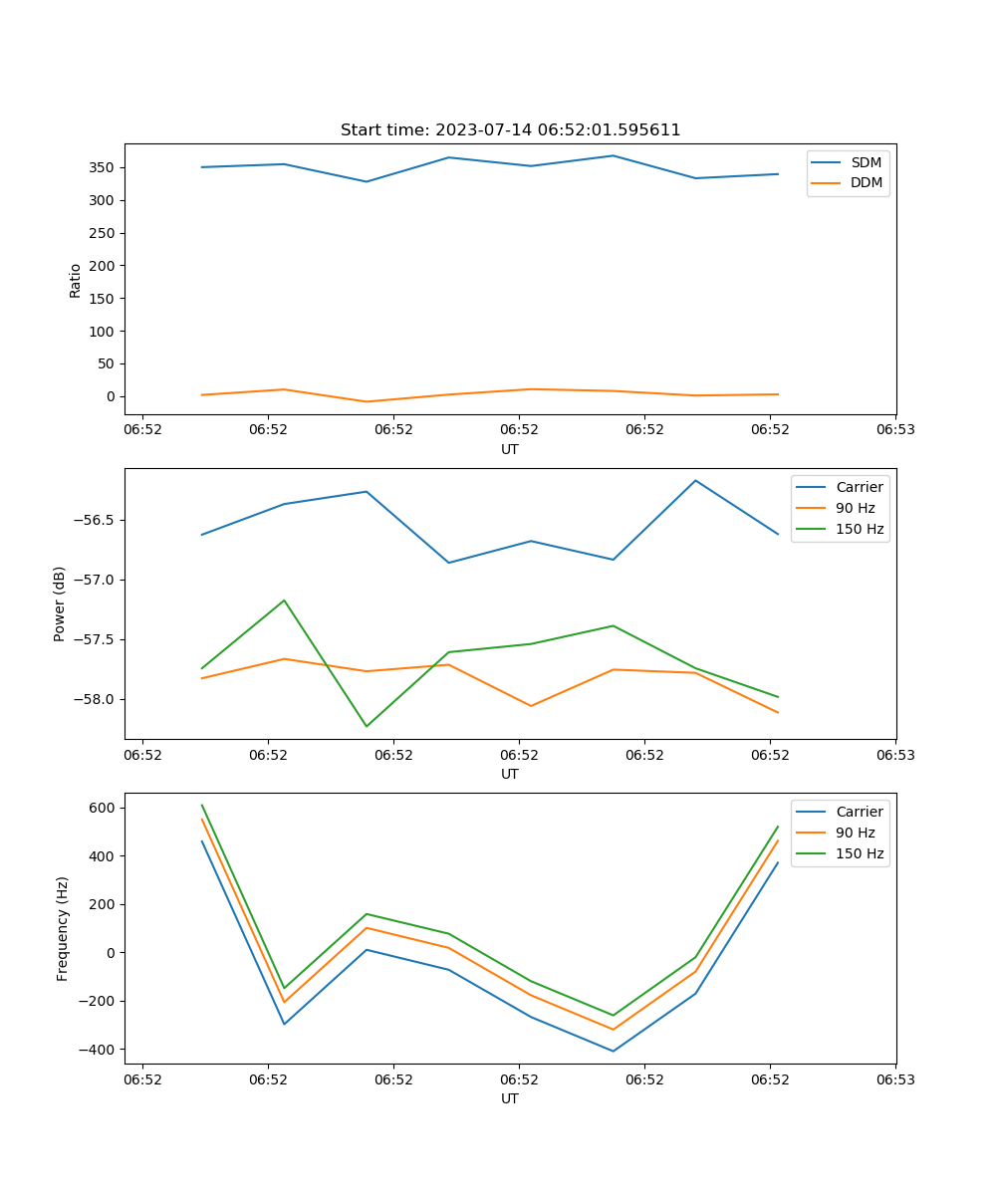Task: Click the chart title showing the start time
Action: [x=510, y=130]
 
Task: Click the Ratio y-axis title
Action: [x=76, y=280]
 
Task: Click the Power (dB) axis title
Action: [x=60, y=603]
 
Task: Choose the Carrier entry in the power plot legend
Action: [x=859, y=487]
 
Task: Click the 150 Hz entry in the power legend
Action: [x=860, y=529]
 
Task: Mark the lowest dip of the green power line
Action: [x=367, y=726]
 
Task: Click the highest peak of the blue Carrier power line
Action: [x=695, y=480]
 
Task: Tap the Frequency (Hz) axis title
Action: [x=63, y=928]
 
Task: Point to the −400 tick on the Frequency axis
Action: [x=98, y=1050]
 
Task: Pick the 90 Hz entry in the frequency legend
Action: [x=855, y=833]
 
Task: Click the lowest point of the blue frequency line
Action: [x=613, y=1051]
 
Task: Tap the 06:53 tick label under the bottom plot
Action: [x=894, y=1078]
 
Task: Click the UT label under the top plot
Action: [x=510, y=449]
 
